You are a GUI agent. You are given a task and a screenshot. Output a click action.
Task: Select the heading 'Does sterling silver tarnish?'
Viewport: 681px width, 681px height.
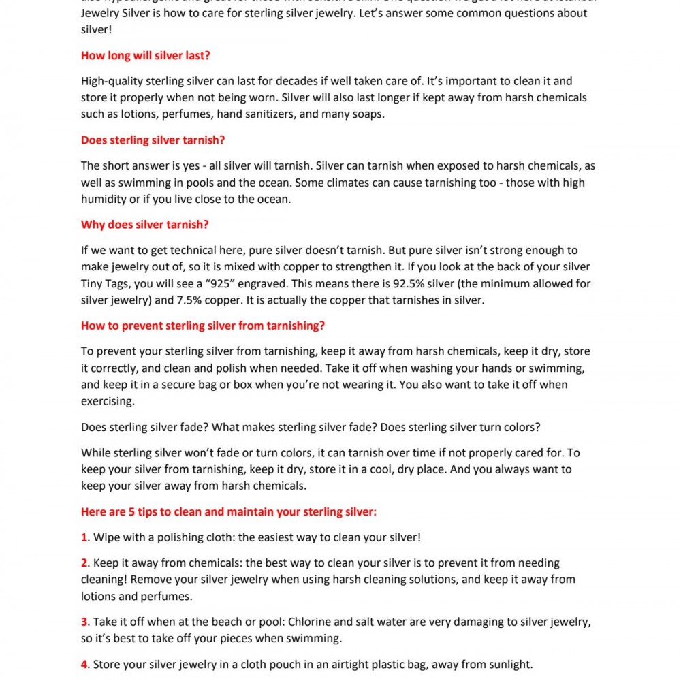pos(153,140)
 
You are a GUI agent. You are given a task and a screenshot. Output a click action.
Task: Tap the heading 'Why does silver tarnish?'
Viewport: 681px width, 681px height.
pos(144,225)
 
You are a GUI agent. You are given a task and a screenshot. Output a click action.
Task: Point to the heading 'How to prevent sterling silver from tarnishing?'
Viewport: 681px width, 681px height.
pos(203,326)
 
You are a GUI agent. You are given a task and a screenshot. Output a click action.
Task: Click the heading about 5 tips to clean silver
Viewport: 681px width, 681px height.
pos(229,511)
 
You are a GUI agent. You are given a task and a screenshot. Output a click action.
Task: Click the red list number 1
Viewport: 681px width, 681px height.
pos(84,537)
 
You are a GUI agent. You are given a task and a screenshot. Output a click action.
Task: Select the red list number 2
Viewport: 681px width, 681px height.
pos(84,563)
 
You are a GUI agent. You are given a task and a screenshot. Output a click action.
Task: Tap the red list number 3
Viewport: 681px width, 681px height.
pos(84,622)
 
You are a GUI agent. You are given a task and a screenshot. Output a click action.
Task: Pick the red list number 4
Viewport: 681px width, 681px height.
pos(84,665)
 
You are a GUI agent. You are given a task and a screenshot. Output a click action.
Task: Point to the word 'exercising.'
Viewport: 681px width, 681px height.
pos(108,401)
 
